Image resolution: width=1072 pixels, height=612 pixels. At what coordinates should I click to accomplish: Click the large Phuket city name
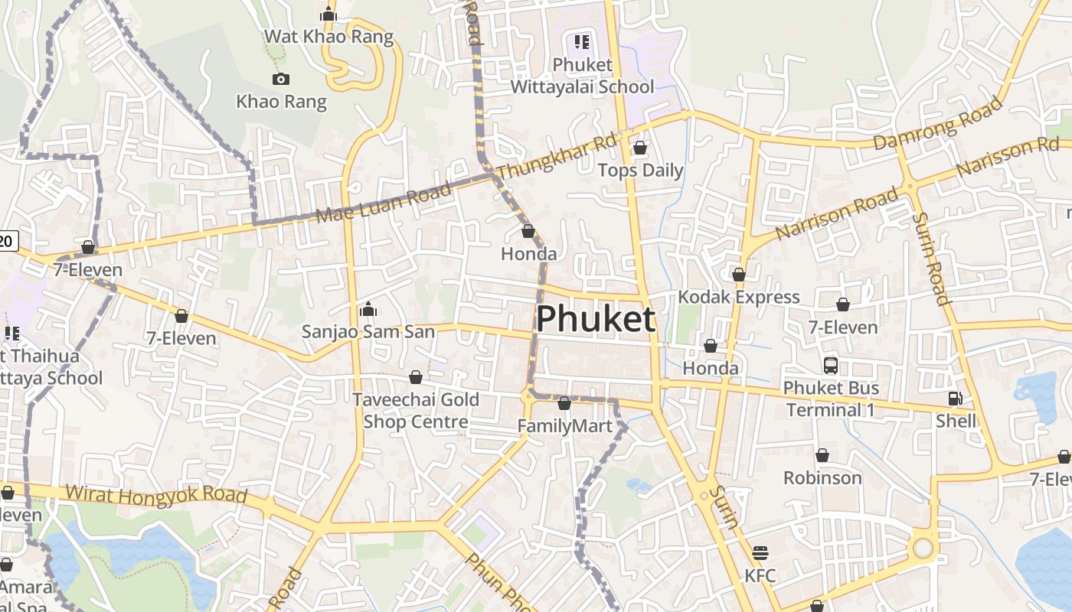[x=595, y=319]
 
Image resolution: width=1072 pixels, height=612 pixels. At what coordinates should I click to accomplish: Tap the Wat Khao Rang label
[x=328, y=37]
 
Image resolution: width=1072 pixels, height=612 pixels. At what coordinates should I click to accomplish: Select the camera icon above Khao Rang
[x=281, y=79]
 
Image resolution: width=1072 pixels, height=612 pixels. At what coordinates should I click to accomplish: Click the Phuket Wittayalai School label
[x=582, y=76]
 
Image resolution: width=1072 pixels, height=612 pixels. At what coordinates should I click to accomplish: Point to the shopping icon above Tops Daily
[x=640, y=148]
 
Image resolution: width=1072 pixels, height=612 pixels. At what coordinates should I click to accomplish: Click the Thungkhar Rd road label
[x=557, y=158]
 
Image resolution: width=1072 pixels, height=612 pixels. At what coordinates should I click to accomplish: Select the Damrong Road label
[x=938, y=123]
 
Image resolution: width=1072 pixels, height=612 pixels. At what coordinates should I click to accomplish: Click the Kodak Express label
[x=739, y=297]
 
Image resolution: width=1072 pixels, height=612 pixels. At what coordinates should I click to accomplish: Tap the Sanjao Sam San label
[x=368, y=331]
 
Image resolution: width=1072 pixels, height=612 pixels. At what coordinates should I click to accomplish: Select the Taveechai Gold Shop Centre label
[x=416, y=411]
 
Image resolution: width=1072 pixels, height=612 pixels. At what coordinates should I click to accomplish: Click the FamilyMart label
[x=565, y=425]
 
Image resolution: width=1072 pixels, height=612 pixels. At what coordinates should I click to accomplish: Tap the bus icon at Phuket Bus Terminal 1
[x=831, y=366]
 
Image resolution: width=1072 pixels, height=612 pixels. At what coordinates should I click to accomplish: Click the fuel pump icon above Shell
[x=955, y=398]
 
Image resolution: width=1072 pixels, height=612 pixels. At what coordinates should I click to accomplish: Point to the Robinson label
[x=822, y=478]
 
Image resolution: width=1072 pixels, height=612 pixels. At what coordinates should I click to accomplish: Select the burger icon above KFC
[x=760, y=552]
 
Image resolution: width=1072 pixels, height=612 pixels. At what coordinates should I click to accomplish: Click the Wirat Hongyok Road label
[x=156, y=494]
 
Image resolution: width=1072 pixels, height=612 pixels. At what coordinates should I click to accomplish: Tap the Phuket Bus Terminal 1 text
[x=831, y=399]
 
